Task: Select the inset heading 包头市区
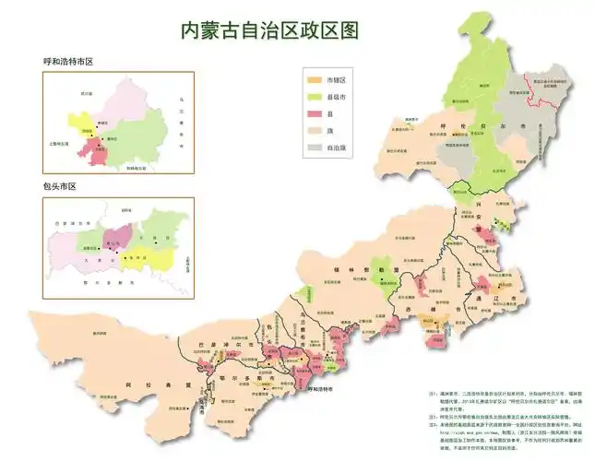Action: click(58, 187)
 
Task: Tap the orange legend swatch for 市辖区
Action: click(315, 81)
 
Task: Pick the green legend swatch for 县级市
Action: click(315, 97)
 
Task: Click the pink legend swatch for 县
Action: click(315, 113)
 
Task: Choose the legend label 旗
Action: click(330, 130)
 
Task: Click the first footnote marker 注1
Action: click(434, 394)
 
